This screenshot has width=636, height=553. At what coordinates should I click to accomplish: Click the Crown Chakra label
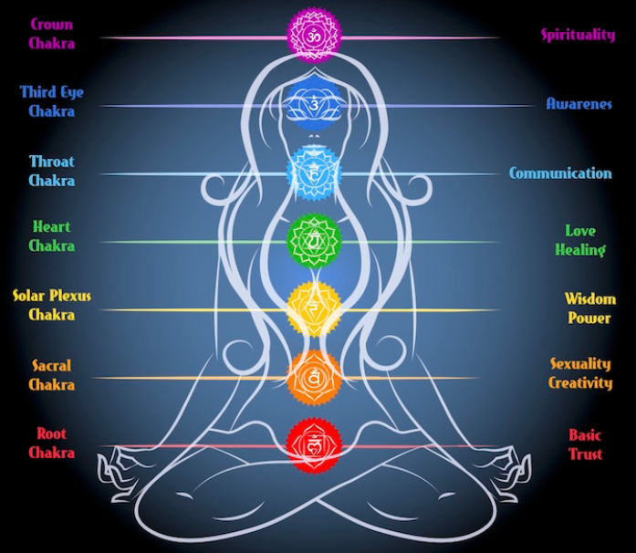point(51,33)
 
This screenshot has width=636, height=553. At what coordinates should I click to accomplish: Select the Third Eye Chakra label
point(51,101)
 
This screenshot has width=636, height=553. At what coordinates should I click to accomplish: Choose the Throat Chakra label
point(51,171)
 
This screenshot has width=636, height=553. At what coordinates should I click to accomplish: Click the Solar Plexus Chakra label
point(51,305)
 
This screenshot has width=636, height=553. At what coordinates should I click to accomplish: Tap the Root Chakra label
point(51,443)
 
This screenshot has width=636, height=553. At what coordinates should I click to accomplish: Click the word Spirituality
point(578,36)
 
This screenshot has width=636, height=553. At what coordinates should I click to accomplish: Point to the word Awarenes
point(579,104)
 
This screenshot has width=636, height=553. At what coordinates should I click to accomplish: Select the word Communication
point(560,173)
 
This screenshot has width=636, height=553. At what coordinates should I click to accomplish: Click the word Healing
point(579,250)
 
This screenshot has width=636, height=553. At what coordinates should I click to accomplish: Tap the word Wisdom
point(589,299)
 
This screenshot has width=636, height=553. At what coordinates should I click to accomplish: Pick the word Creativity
point(580,383)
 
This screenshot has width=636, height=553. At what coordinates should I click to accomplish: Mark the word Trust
point(585,454)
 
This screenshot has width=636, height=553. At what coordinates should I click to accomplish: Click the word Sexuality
point(580,364)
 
